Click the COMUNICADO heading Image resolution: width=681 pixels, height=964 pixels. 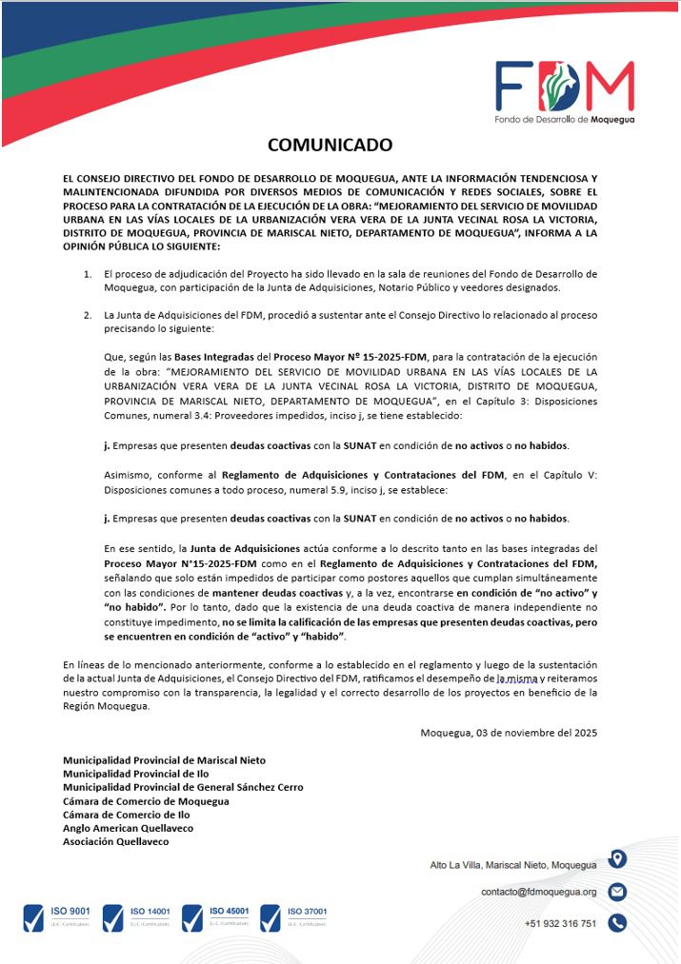pos(330,145)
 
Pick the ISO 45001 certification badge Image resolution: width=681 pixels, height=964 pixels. pos(217,917)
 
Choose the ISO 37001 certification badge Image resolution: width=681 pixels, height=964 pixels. pos(295,917)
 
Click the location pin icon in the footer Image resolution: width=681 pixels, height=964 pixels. pos(617,859)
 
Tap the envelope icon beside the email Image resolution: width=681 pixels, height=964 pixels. pos(617,892)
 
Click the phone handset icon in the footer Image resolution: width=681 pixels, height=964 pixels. pos(617,922)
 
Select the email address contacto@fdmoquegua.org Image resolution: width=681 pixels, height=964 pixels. pos(538,893)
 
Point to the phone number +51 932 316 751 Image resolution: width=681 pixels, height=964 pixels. pos(560,923)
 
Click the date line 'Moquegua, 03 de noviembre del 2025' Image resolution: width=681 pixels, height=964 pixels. pos(509,732)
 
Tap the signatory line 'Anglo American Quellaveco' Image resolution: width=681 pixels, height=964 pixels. pos(128,828)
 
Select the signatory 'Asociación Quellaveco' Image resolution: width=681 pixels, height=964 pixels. pos(115,841)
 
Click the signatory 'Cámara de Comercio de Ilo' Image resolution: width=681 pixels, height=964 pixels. pos(126,815)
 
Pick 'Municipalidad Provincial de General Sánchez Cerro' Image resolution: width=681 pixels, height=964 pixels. pos(183,787)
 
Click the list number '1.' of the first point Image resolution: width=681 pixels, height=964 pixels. pos(87,273)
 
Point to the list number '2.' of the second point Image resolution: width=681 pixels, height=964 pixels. pos(87,314)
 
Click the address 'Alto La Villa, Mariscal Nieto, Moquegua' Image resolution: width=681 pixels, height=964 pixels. pos(513,865)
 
